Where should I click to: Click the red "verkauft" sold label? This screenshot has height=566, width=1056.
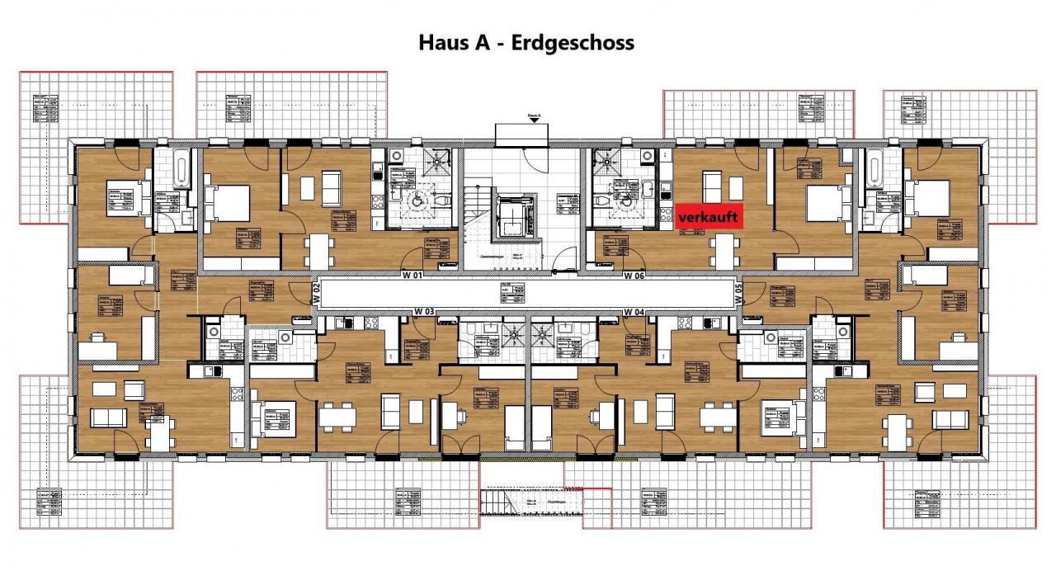coord(709,216)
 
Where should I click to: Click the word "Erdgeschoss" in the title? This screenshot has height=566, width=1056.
coord(573,43)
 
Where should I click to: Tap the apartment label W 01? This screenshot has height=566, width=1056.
coord(412,275)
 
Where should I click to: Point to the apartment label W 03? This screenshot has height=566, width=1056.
coord(424,312)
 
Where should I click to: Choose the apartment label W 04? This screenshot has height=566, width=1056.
coord(634,312)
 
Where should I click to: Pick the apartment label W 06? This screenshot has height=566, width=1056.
coord(634,275)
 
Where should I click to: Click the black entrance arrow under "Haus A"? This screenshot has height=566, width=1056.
coord(535,120)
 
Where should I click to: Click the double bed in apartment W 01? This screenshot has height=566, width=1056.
coord(228,199)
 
